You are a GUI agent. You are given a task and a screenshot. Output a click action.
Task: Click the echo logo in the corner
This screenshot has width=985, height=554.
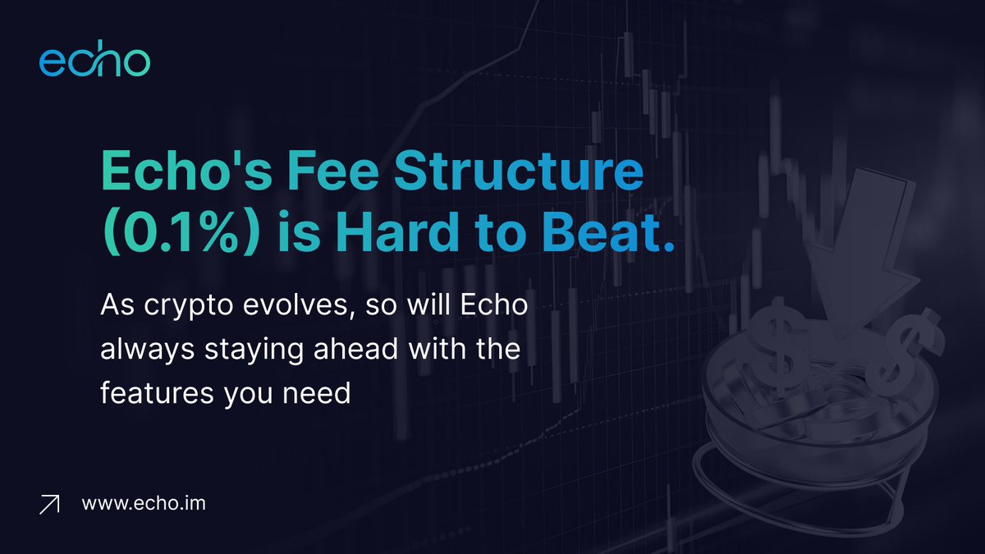point(94,63)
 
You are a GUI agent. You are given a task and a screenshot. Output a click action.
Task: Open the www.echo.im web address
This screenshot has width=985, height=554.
point(144,502)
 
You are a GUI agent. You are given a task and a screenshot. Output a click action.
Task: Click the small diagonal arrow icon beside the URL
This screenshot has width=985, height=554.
point(51,504)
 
